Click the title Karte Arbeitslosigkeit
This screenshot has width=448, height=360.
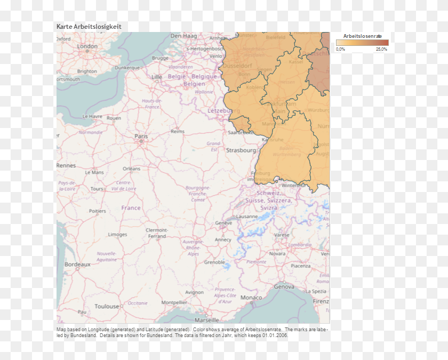pyautogui.click(x=89, y=26)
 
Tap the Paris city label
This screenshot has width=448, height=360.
pyautogui.click(x=141, y=137)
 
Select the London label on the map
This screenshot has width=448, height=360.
pyautogui.click(x=87, y=46)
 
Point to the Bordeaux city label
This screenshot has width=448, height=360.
pyautogui.click(x=77, y=264)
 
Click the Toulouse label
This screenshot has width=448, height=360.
pyautogui.click(x=107, y=306)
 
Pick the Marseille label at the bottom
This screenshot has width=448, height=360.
pyautogui.click(x=206, y=320)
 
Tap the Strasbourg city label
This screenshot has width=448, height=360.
pyautogui.click(x=241, y=150)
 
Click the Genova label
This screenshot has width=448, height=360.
pyautogui.click(x=284, y=286)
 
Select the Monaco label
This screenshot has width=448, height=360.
pyautogui.click(x=251, y=298)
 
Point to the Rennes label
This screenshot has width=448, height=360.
pyautogui.click(x=66, y=165)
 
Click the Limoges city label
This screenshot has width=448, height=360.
pyautogui.click(x=117, y=235)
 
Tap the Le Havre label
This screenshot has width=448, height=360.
pyautogui.click(x=92, y=116)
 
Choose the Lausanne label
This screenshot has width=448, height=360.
pyautogui.click(x=247, y=217)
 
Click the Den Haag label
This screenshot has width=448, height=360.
pyautogui.click(x=183, y=36)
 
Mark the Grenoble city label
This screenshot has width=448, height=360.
pyautogui.click(x=214, y=262)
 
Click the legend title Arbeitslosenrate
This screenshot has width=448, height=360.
pyautogui.click(x=362, y=36)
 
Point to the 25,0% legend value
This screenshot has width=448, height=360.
pyautogui.click(x=381, y=49)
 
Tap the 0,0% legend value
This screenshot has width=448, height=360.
pyautogui.click(x=340, y=49)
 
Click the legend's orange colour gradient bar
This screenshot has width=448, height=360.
pyautogui.click(x=362, y=43)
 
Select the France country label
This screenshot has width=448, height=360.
pyautogui.click(x=131, y=208)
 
